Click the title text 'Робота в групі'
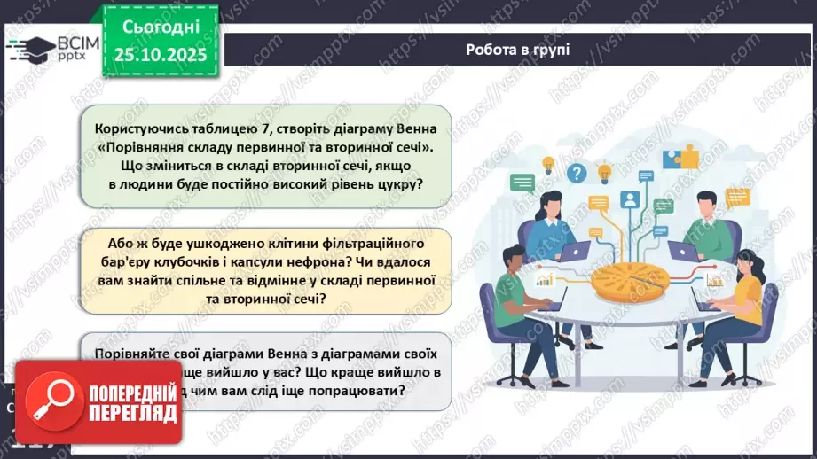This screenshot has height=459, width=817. point(518,49)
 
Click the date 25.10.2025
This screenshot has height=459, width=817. point(159,55)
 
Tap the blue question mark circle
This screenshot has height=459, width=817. point(577,172)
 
